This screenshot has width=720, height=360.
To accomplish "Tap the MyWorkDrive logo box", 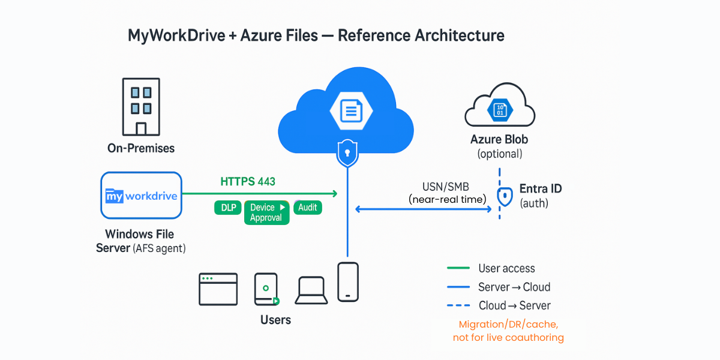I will tap(141, 196).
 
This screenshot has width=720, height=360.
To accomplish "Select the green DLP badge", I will tap(228, 208).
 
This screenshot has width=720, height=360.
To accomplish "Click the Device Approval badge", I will tap(267, 212).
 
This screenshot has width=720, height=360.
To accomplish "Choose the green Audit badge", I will tap(308, 208).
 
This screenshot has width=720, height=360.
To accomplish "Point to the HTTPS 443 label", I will tap(248, 181).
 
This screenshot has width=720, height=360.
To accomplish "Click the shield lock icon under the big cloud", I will tap(346, 154).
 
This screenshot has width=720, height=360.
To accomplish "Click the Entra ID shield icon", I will tap(505, 196).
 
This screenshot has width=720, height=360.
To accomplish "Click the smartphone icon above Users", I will tap(347, 281).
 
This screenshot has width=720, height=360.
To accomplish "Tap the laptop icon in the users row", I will tap(311, 290).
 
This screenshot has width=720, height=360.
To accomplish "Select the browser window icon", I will tap(218, 289).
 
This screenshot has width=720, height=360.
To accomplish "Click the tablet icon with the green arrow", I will tap(266, 290).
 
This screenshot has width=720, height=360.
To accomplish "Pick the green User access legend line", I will tap(458, 268).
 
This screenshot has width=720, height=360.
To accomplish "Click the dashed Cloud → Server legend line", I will tap(458, 305).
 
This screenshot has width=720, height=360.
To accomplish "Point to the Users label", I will tap(275, 320).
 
